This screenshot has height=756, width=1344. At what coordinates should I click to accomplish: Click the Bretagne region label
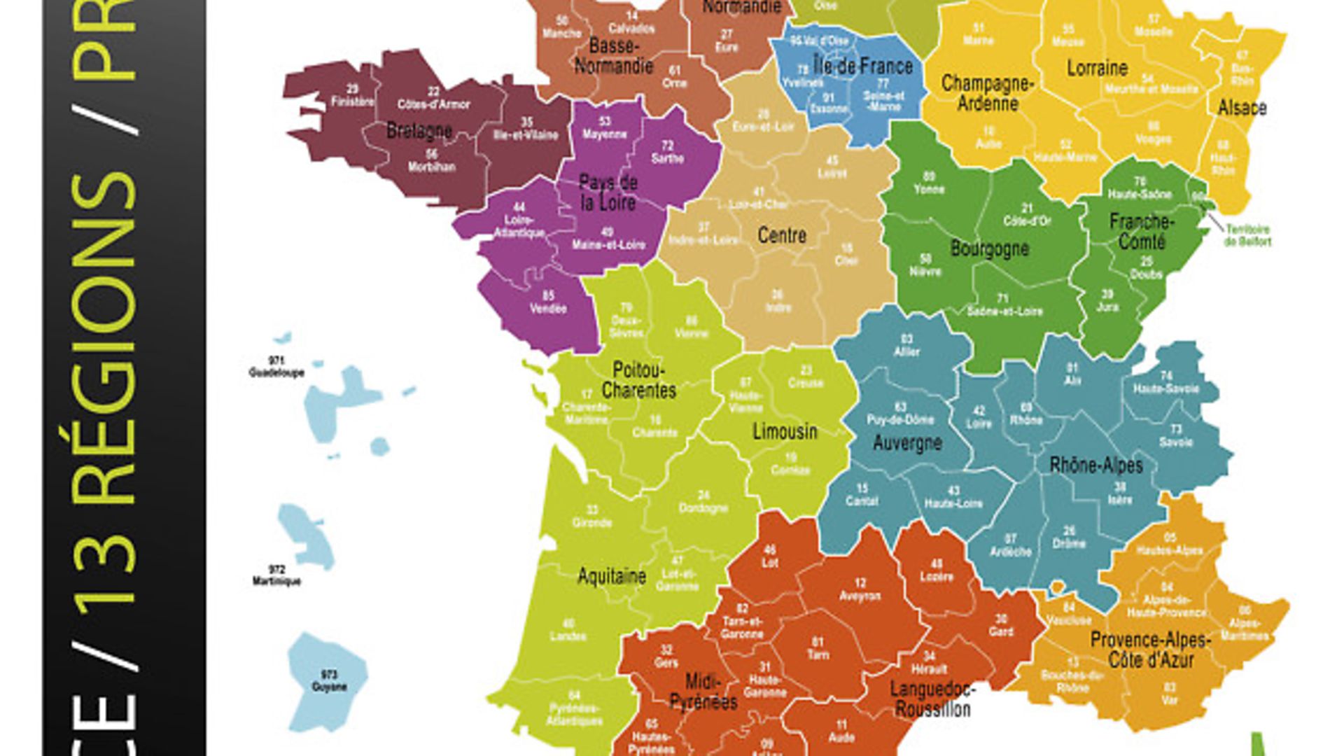click(x=419, y=131)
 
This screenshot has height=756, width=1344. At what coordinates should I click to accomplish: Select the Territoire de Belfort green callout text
click(x=1247, y=235)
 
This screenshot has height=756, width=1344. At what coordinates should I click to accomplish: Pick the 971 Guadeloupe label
click(x=276, y=367)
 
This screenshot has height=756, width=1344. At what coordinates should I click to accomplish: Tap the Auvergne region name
click(x=907, y=442)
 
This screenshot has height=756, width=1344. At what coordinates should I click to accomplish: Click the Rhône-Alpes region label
click(x=1095, y=465)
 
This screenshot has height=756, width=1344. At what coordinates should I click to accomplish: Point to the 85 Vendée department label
click(x=548, y=302)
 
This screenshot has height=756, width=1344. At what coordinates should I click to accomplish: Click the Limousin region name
click(x=785, y=431)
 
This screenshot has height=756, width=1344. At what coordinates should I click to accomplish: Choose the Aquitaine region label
click(x=611, y=576)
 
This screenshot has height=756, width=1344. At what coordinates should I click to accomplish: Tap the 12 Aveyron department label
click(x=860, y=590)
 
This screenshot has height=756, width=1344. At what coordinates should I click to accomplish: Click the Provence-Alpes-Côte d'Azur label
click(x=1150, y=650)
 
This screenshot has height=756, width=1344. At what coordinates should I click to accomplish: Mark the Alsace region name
click(x=1242, y=108)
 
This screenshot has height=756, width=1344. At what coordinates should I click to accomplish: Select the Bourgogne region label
click(x=989, y=248)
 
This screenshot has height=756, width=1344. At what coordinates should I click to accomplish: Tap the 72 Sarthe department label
click(x=667, y=153)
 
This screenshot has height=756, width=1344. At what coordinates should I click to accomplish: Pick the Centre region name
click(x=782, y=236)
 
